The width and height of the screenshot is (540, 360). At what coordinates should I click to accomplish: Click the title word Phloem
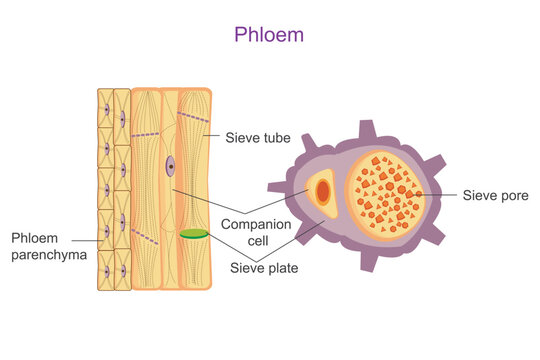pyautogui.click(x=269, y=34)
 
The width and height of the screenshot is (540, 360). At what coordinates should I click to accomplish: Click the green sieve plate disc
pyautogui.click(x=193, y=234)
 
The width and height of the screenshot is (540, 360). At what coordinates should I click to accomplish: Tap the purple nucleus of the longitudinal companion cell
pyautogui.click(x=171, y=167)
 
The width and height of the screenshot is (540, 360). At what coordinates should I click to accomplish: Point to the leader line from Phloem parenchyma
pyautogui.click(x=85, y=239)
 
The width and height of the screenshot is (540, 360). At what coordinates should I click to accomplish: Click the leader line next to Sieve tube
pyautogui.click(x=214, y=131)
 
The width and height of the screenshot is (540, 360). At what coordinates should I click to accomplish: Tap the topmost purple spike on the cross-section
pyautogui.click(x=368, y=127)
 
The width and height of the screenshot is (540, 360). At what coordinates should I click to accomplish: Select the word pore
pyautogui.click(x=510, y=193)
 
